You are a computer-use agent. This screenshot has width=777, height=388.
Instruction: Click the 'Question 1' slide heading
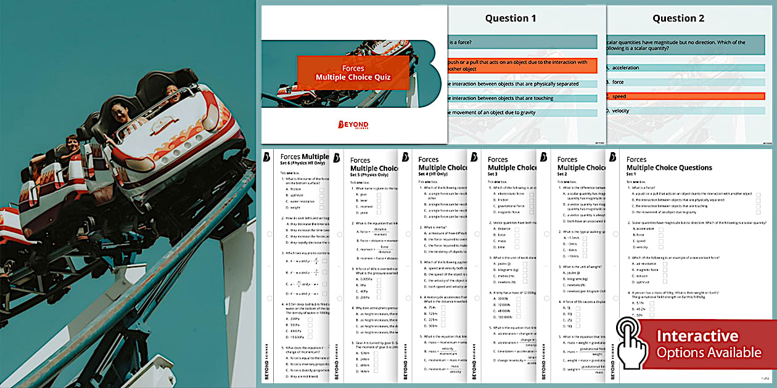(511, 18)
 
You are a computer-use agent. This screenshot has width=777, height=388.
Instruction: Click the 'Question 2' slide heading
(678, 18)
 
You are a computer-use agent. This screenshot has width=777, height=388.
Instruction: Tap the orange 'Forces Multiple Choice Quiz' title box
(353, 73)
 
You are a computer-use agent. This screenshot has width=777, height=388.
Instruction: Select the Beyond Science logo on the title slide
(353, 125)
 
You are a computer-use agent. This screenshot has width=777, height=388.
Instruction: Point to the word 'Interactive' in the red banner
(697, 336)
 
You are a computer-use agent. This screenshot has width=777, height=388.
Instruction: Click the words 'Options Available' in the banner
(709, 353)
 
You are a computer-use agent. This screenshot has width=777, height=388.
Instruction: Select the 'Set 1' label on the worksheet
(631, 174)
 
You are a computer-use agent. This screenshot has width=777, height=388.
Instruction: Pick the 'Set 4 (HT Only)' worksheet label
(435, 174)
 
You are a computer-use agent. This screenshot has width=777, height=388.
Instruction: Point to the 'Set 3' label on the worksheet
(493, 174)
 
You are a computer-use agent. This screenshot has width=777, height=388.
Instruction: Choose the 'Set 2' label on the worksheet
(562, 174)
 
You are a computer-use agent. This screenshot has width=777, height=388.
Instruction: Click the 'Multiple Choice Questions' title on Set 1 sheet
(669, 168)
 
